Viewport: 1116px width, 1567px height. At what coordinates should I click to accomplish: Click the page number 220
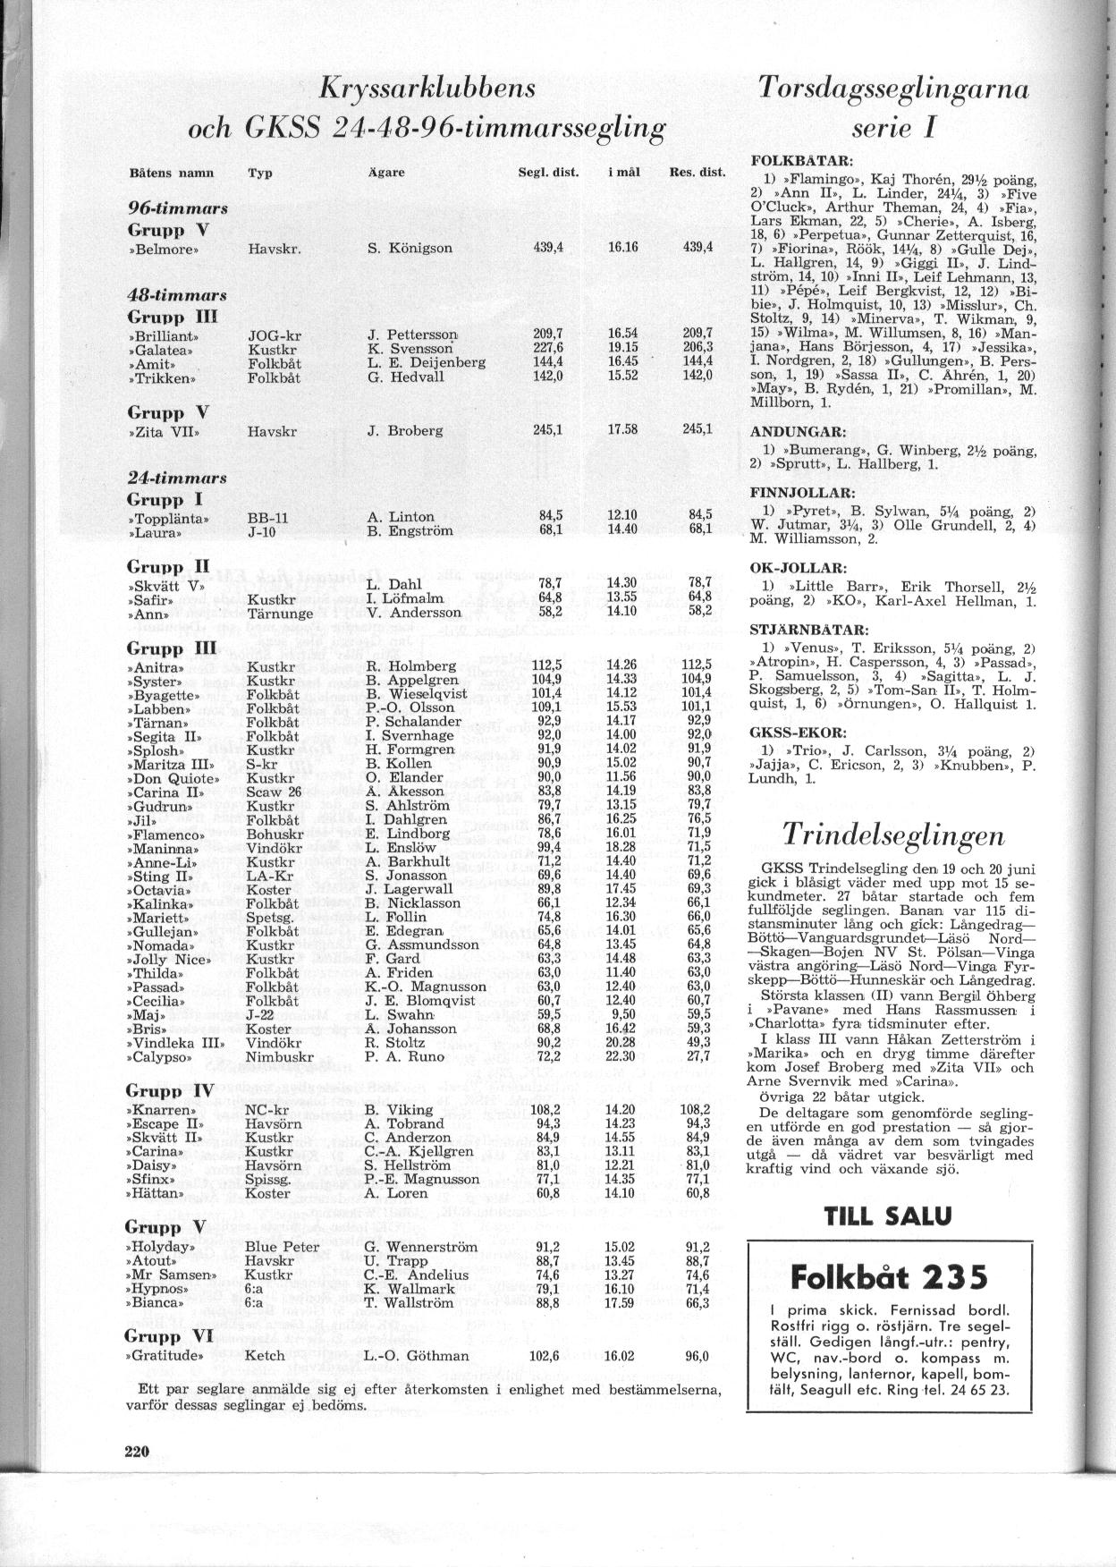(x=136, y=1450)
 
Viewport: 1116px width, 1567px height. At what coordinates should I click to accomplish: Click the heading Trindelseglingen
(x=892, y=834)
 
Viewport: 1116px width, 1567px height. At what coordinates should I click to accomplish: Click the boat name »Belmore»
(x=163, y=249)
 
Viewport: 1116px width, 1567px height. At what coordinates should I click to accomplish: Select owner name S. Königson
(x=410, y=249)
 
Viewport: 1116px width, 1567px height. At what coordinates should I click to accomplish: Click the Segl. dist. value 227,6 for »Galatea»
(x=547, y=350)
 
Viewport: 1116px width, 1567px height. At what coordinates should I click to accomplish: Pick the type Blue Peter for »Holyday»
(x=282, y=1247)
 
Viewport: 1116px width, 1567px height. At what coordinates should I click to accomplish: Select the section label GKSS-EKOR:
(x=793, y=731)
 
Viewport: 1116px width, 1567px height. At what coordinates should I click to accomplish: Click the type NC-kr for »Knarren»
(x=266, y=1110)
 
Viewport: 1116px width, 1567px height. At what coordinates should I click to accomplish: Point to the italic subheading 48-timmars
(x=177, y=295)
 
